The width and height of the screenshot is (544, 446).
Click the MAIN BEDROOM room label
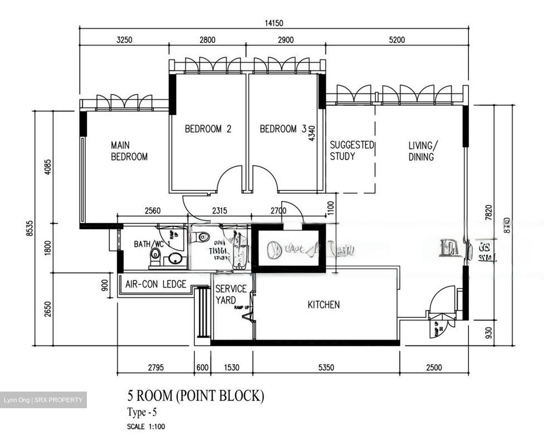[x=129, y=151]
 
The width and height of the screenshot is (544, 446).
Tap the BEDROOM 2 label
[x=208, y=129]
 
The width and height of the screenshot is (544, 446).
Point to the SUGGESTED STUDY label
[x=351, y=151]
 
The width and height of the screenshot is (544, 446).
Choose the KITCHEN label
[x=323, y=305]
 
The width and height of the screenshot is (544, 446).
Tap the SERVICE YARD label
[x=231, y=294]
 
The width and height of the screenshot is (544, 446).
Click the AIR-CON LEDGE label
[x=156, y=284]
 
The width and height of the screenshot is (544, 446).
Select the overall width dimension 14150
[x=274, y=23]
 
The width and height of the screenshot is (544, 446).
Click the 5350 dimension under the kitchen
[x=326, y=367]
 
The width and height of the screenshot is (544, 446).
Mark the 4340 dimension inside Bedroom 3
[x=312, y=133]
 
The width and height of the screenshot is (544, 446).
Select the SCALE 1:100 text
[x=146, y=427]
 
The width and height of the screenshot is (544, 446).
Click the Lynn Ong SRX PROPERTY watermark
[x=43, y=400]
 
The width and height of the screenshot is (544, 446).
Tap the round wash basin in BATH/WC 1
[x=175, y=259]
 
